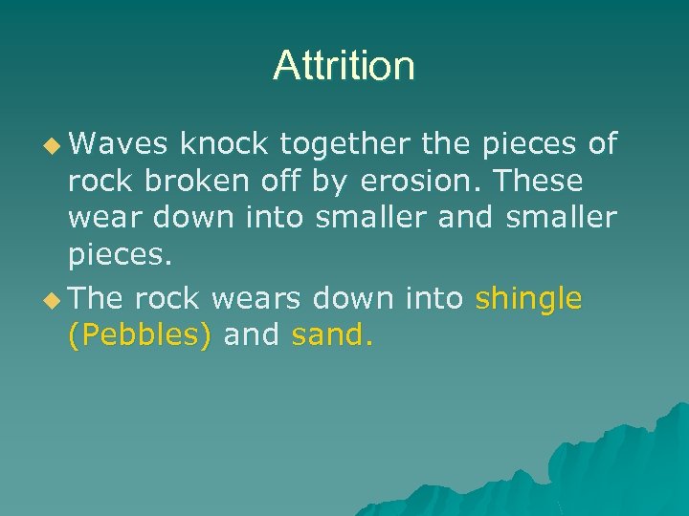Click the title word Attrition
click(344, 66)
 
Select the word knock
click(222, 143)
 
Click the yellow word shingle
click(528, 299)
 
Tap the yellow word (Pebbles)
click(140, 335)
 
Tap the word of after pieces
click(602, 143)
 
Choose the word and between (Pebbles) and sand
click(252, 334)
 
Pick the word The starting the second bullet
click(97, 299)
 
